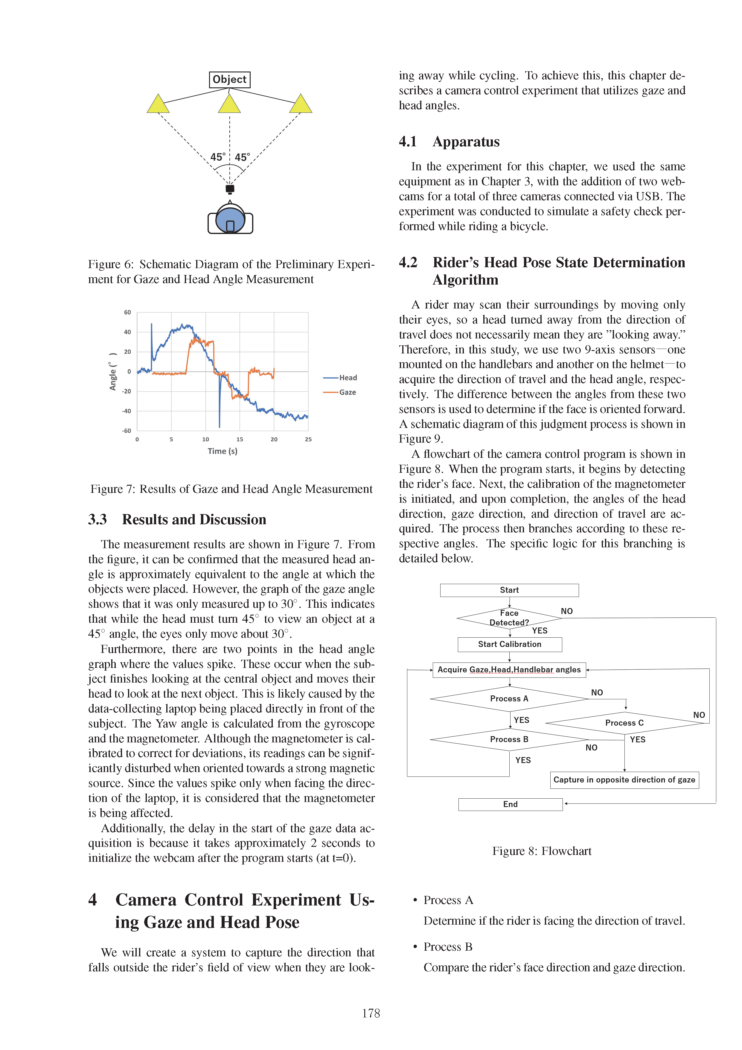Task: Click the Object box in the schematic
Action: click(229, 80)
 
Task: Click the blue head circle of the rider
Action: click(230, 219)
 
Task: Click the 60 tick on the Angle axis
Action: click(127, 312)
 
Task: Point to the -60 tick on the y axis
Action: click(126, 431)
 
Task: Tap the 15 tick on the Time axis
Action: click(240, 440)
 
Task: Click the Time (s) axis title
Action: click(223, 451)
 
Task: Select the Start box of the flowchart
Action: click(509, 590)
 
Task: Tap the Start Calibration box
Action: click(510, 644)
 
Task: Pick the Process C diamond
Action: click(624, 723)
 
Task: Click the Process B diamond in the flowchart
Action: click(509, 739)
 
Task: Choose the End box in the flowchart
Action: click(510, 804)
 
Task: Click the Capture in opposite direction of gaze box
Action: click(624, 780)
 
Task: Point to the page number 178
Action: click(371, 1013)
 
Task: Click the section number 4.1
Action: click(408, 142)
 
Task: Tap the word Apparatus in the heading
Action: click(466, 142)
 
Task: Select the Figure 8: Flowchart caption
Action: click(542, 851)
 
